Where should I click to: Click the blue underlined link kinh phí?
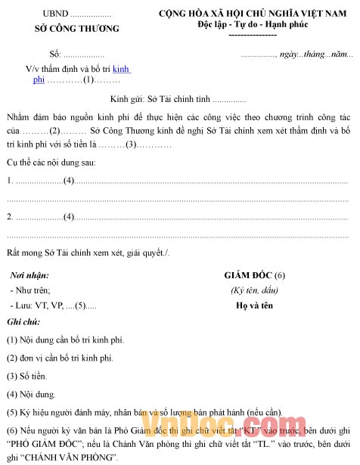[x=121, y=69]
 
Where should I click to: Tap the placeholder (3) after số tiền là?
[x=131, y=144]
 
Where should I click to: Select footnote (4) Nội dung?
[x=32, y=394]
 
